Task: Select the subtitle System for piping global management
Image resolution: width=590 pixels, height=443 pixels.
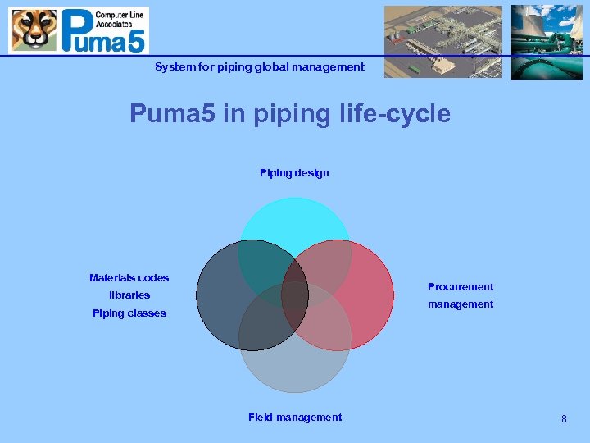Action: pos(260,67)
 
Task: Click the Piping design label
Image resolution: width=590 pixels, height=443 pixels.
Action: pos(294,173)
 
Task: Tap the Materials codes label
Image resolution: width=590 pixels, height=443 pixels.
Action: pos(129,278)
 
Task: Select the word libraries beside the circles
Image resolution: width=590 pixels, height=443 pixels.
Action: pos(129,295)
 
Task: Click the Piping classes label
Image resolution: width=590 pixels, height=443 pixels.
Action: pos(129,313)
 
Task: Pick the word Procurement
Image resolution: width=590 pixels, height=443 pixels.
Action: pos(461,287)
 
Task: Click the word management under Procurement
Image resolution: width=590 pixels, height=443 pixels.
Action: pos(461,304)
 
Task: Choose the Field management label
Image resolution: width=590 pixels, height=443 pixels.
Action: pos(295,418)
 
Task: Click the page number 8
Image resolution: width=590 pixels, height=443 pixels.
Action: pos(564,419)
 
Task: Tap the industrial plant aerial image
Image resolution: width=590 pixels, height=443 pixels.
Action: pos(443,41)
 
